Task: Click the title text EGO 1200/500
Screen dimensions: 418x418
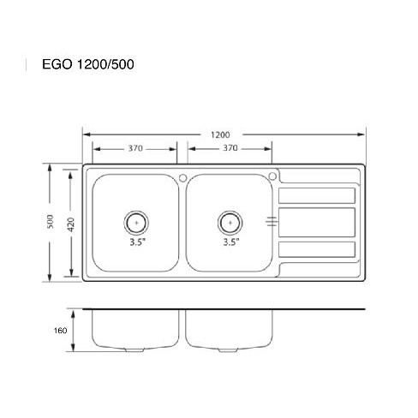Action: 88,64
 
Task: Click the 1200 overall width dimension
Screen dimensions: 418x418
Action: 220,134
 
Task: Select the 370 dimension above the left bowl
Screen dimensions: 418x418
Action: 135,148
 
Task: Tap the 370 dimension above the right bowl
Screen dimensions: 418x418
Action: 230,148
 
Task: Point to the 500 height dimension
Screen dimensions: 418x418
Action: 50,222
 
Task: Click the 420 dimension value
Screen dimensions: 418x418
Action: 71,224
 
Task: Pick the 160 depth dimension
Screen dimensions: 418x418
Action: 60,331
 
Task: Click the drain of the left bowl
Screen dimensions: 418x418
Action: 136,223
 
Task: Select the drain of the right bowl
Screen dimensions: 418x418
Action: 230,223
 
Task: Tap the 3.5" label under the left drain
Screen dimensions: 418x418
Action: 138,242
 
